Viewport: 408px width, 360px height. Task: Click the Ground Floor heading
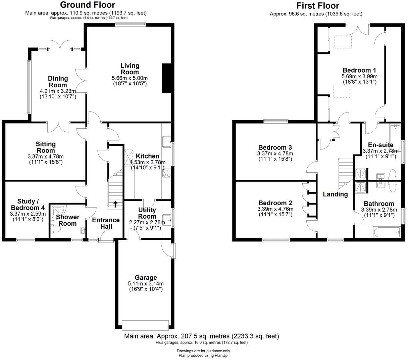(88, 5)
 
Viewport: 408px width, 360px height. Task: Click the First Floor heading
(318, 6)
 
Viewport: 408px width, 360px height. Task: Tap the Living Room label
(130, 69)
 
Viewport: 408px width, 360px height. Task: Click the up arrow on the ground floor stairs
(115, 204)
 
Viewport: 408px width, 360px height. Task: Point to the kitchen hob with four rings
(166, 173)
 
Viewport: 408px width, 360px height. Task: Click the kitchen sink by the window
(166, 142)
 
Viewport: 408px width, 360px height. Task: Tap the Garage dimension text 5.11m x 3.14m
(146, 283)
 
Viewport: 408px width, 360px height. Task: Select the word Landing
(335, 194)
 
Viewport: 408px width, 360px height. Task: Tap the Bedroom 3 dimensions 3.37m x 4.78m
(275, 153)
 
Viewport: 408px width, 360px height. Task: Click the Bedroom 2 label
(275, 203)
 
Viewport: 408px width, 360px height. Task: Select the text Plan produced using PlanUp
(203, 355)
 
